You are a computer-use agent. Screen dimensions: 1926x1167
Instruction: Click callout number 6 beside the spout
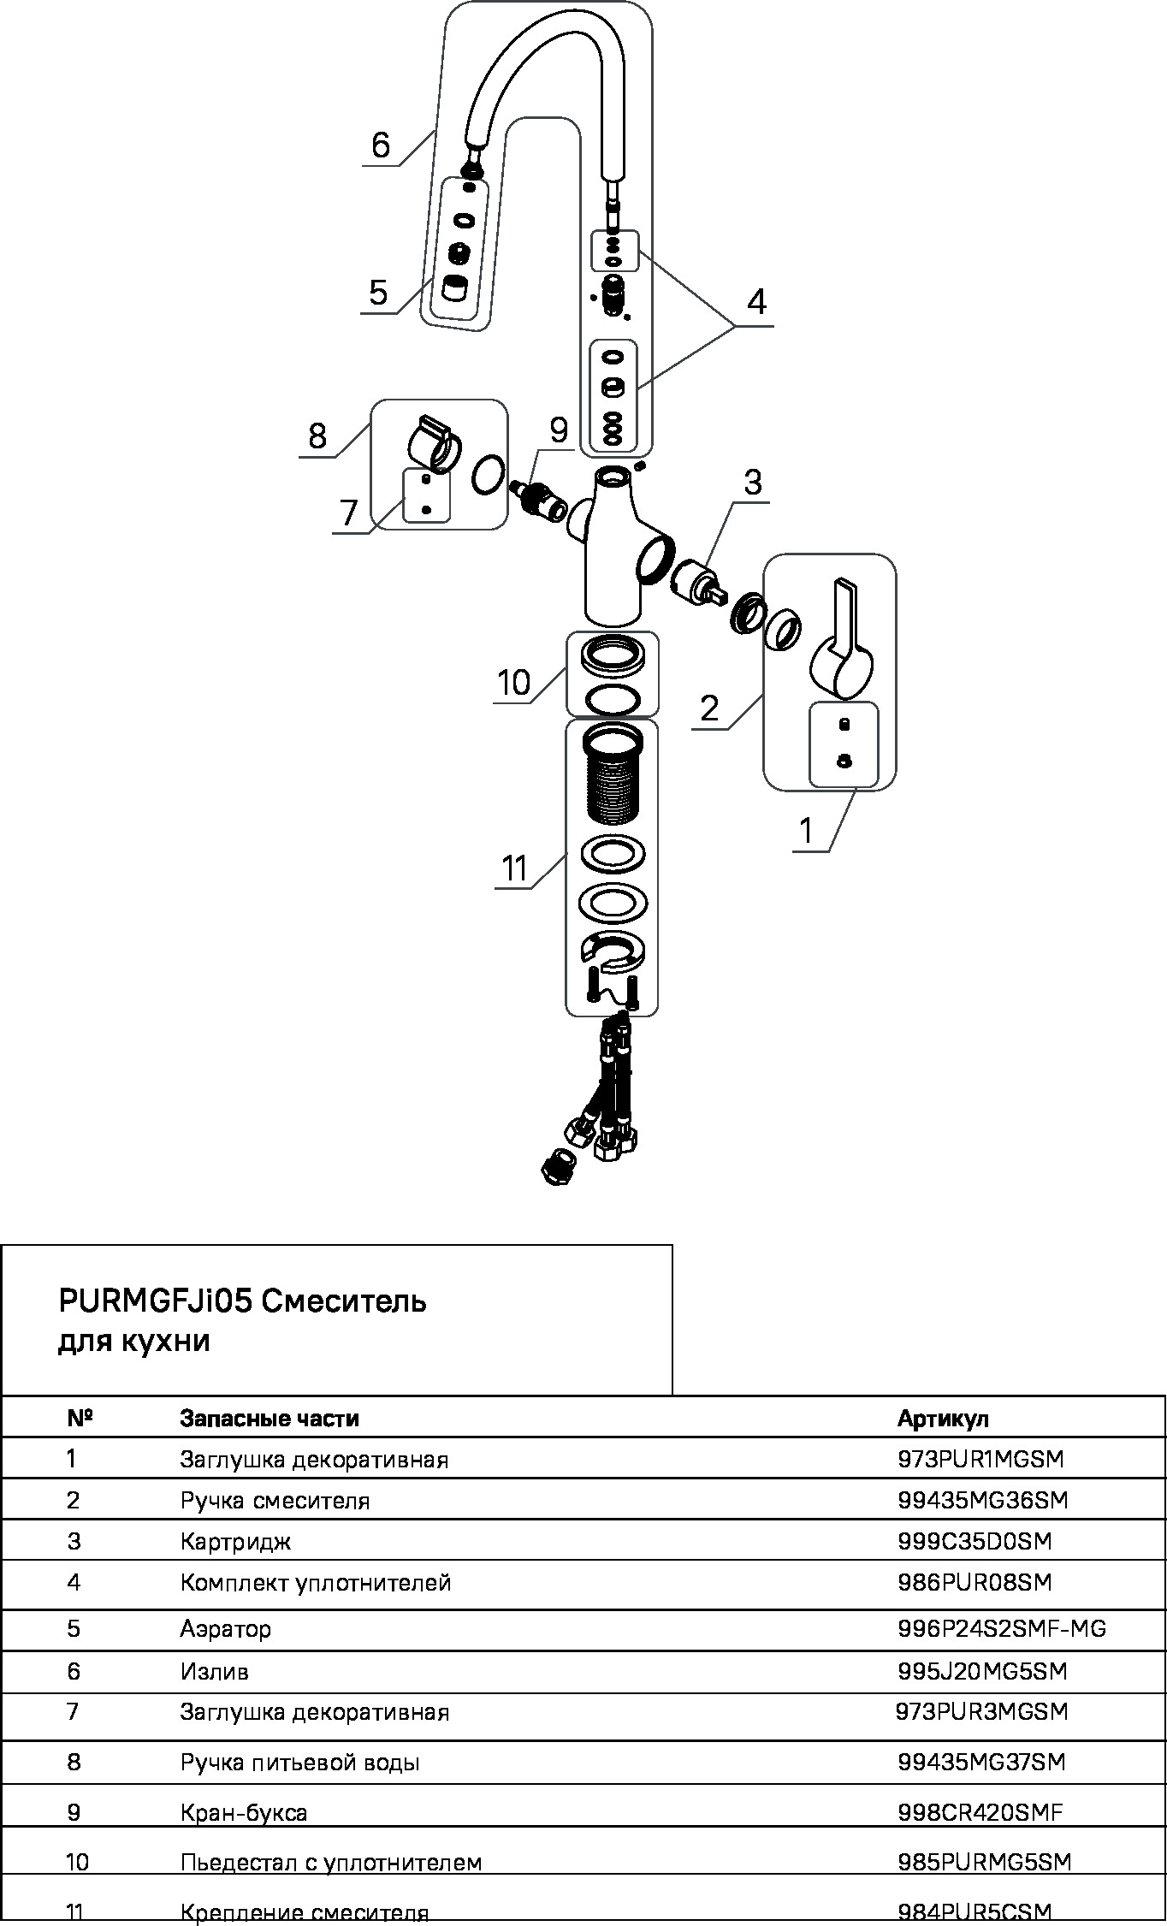click(381, 145)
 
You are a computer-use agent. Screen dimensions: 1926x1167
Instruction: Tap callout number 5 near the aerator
click(378, 293)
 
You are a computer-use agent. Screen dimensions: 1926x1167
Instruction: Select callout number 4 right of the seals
click(756, 302)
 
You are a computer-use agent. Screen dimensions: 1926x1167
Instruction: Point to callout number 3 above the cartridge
click(753, 483)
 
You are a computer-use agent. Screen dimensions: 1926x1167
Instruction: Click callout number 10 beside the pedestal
click(514, 683)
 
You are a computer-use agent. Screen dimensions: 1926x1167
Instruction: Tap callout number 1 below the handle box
click(805, 830)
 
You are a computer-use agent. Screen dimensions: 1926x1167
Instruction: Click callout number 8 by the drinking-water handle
click(317, 436)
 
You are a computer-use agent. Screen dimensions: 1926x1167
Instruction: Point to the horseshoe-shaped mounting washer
click(613, 953)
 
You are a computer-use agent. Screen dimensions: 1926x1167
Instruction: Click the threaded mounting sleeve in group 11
click(613, 774)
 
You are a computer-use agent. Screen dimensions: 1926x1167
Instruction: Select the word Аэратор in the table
click(225, 1629)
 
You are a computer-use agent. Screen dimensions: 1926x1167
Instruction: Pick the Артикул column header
click(943, 1419)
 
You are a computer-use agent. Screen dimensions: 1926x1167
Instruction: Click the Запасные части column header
click(269, 1419)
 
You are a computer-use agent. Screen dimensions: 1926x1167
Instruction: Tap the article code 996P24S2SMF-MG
click(1002, 1628)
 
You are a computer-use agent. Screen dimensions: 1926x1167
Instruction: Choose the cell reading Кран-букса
click(243, 1813)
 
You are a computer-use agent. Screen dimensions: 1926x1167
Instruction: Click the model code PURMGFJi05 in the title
click(155, 1301)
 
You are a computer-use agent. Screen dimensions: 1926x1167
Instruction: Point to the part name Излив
click(214, 1671)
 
